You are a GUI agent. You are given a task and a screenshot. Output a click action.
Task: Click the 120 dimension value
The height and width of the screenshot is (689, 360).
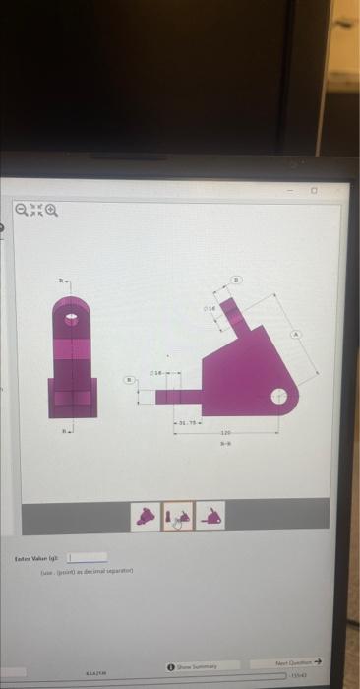(x=225, y=432)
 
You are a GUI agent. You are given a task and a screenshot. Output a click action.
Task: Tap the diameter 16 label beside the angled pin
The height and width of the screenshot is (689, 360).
(x=210, y=308)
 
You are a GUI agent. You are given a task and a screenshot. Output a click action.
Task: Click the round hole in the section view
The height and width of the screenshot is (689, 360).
(x=280, y=397)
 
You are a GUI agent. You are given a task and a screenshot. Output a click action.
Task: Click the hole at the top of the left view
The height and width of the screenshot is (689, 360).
(x=72, y=319)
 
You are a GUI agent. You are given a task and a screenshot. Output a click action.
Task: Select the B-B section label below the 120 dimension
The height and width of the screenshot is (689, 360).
(x=225, y=443)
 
